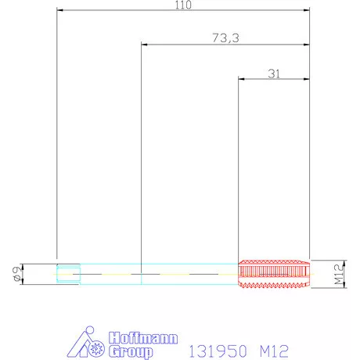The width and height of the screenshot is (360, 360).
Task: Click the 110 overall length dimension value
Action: point(183,5)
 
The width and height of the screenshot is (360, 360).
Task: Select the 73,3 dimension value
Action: point(225,38)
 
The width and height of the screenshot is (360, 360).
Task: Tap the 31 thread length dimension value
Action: point(274,74)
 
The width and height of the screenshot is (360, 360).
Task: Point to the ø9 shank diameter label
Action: point(18,274)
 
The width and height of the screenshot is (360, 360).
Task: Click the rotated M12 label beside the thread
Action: point(339,274)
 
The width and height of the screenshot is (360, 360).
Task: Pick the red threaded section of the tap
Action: point(274,274)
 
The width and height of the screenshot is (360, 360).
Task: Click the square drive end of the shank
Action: point(68,273)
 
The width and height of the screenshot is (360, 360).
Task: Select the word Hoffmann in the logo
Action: point(143,338)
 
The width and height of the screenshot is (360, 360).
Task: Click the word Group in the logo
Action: point(131,351)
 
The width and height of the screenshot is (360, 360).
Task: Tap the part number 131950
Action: point(218,351)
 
